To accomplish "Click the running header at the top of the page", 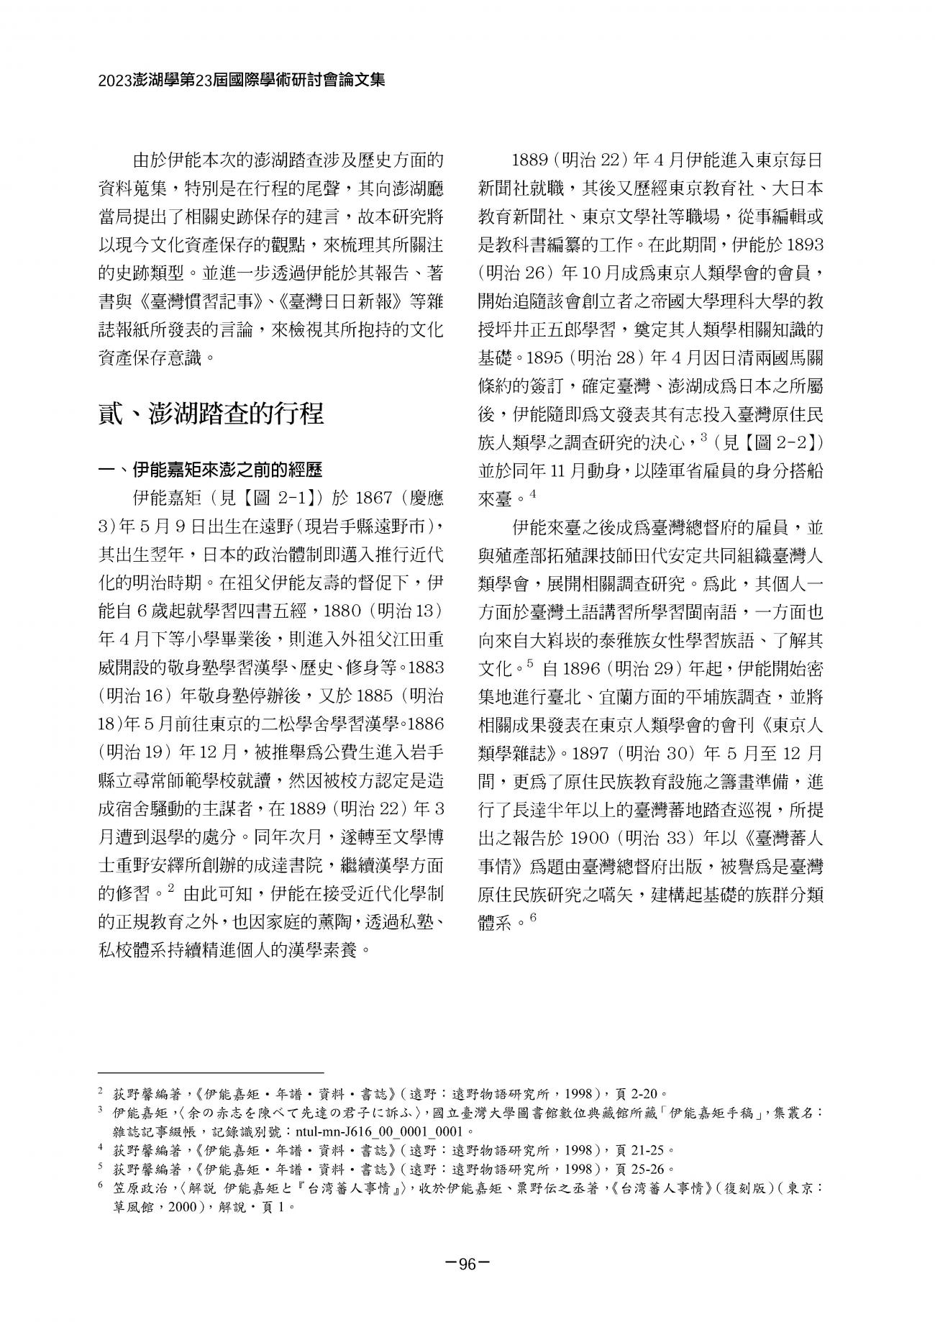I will [242, 79].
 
